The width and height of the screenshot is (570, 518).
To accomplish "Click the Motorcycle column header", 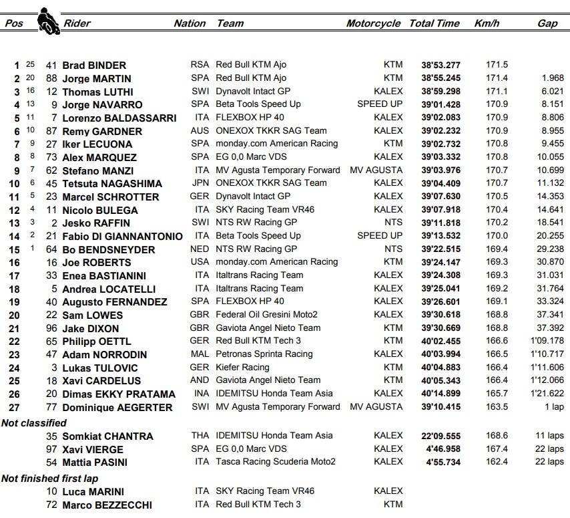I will [373, 23].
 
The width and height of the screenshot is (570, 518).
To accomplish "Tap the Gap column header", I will [547, 23].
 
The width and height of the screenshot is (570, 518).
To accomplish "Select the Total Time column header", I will [434, 23].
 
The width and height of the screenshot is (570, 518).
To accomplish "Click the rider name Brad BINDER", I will [94, 66].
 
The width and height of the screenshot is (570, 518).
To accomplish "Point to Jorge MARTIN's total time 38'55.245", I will [441, 78].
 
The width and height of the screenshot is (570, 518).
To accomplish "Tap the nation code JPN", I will [200, 183].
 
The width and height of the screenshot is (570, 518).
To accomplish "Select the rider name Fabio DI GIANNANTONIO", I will [122, 236].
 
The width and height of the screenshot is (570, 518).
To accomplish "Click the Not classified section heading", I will [34, 423].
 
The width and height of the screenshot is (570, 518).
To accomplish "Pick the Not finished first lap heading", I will [49, 479].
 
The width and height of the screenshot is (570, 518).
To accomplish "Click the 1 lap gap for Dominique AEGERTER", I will [554, 407].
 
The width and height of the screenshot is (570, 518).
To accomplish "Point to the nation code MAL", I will [200, 354].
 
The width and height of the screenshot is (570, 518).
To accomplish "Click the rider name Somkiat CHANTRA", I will [107, 436].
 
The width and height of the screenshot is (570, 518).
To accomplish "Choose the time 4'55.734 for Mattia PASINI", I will [443, 462].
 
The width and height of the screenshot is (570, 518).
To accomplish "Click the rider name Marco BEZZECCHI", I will [107, 505].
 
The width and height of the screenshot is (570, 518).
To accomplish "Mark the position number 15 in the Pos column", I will [15, 249].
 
